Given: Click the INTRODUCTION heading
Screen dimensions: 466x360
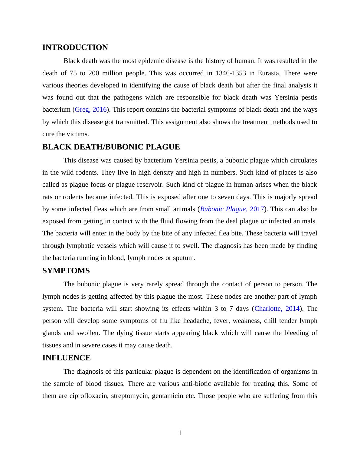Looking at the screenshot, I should [x=75, y=48].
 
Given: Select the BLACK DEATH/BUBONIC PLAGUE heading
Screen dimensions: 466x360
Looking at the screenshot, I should [x=111, y=147].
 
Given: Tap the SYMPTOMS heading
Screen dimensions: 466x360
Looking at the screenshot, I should [x=66, y=271].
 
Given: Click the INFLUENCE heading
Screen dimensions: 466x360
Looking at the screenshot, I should [x=66, y=358].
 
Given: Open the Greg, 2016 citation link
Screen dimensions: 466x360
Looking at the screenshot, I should [x=90, y=110].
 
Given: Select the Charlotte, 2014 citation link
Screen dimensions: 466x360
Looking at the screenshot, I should [x=277, y=309].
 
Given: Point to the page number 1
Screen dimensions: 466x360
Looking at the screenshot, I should [x=180, y=433].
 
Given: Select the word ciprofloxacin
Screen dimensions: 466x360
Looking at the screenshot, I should [x=89, y=396].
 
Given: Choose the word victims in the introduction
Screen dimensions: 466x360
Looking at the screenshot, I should [x=78, y=134].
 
